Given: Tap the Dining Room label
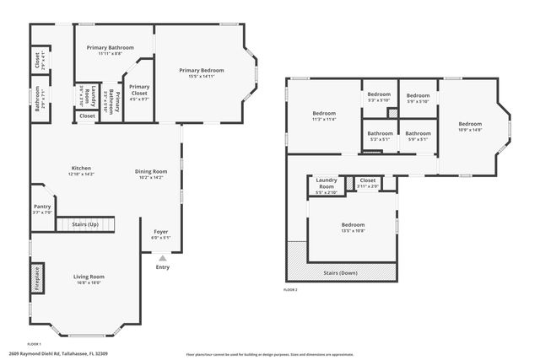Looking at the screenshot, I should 151,174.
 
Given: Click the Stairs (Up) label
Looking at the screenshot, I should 85,225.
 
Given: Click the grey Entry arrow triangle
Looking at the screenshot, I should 162,257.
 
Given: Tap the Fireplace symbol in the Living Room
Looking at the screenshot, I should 36,277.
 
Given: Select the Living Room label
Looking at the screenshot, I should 89,279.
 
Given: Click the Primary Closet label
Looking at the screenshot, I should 139,89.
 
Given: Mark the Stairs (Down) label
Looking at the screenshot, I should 342,273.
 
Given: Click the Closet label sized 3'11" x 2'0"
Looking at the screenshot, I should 367,182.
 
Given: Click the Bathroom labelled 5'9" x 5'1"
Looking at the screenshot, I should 417,136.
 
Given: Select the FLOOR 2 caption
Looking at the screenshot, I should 290,290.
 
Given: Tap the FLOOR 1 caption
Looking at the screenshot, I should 35,344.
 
